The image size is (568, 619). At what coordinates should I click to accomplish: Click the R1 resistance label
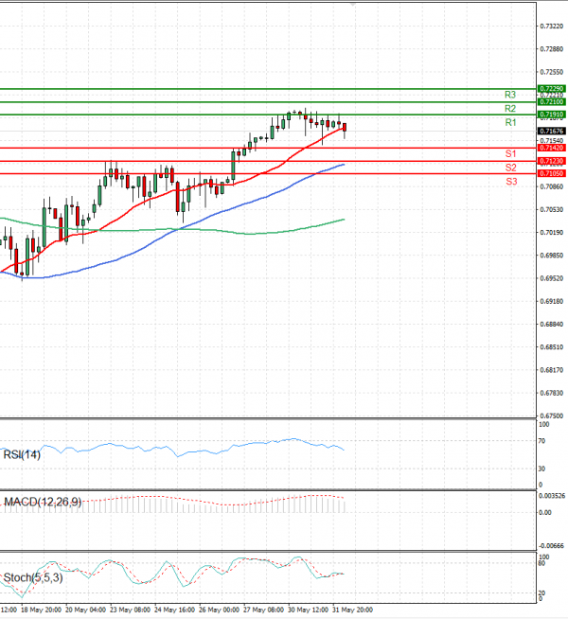[x=509, y=123]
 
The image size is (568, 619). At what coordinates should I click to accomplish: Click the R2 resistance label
[x=509, y=109]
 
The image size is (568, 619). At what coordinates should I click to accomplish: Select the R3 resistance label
[x=509, y=95]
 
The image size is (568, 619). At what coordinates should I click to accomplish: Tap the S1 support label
[x=509, y=153]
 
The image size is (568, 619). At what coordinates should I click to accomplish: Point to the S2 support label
[x=509, y=168]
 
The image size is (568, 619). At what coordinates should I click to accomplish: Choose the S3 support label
[x=509, y=181]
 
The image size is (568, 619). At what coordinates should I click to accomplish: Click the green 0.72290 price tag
[x=550, y=88]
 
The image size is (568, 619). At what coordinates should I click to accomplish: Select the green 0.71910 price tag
[x=550, y=115]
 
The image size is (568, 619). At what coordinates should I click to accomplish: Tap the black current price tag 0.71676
[x=550, y=132]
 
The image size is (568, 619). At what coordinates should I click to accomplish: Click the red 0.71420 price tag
[x=550, y=149]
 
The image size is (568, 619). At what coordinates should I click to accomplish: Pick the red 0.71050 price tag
[x=550, y=174]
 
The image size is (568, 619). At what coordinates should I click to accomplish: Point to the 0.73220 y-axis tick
[x=552, y=27]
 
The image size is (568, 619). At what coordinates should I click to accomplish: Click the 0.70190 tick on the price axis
[x=552, y=233]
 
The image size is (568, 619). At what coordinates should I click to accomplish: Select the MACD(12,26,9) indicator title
[x=42, y=502]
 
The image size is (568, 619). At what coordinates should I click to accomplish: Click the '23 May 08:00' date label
[x=127, y=611]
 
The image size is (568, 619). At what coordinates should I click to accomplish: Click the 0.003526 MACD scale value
[x=553, y=496]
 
